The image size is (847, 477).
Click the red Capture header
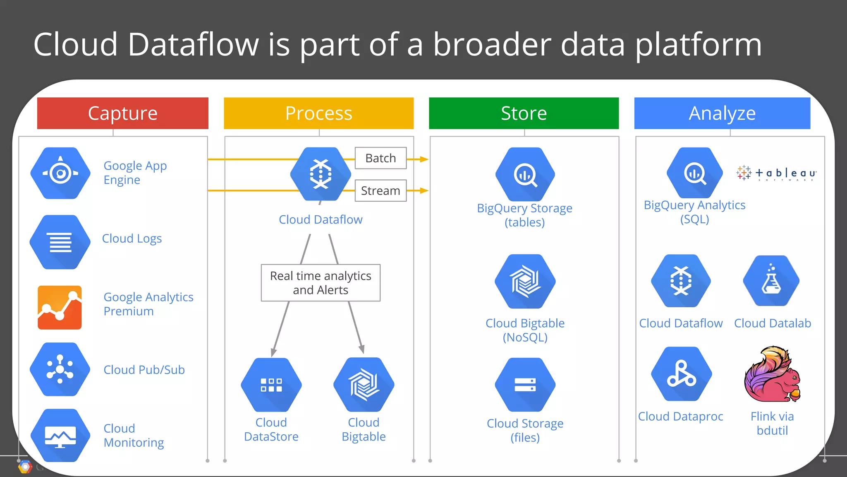click(122, 113)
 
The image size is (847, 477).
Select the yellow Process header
click(318, 113)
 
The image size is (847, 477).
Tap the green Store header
click(524, 113)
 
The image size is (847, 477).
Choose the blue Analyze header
click(722, 113)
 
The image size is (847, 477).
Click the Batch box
click(380, 158)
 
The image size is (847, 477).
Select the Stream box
click(380, 190)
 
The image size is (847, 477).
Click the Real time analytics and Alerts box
click(321, 283)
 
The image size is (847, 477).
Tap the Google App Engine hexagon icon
click(60, 173)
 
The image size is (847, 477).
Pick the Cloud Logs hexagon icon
click(60, 242)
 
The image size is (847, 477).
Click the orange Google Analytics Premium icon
click(60, 307)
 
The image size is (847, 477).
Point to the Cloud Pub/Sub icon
click(60, 369)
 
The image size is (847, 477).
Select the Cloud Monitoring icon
click(60, 436)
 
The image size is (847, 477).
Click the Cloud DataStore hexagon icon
click(271, 385)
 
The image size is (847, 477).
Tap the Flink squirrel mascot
click(773, 375)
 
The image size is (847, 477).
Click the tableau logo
click(777, 173)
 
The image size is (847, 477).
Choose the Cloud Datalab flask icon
click(771, 281)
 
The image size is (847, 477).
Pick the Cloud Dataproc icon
click(681, 374)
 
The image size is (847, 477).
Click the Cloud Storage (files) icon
click(525, 385)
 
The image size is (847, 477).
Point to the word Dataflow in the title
click(193, 44)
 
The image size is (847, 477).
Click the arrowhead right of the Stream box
click(424, 190)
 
